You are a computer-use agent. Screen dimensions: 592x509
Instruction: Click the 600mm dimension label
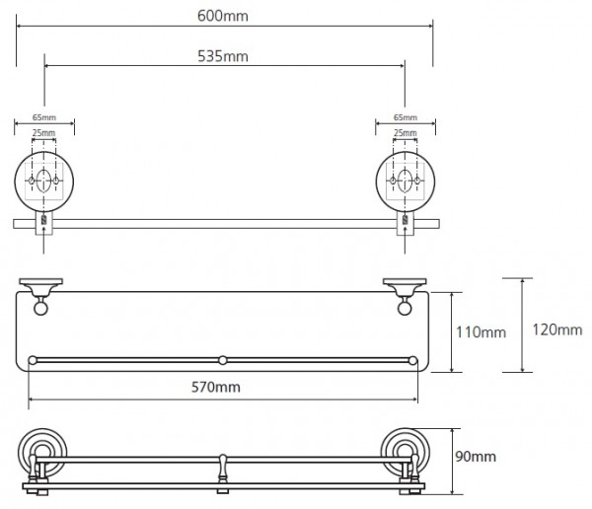tap(223, 16)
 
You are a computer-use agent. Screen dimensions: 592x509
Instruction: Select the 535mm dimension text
tap(223, 56)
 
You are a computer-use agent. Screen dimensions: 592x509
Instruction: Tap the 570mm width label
tap(215, 387)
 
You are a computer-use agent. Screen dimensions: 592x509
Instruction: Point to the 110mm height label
tap(481, 332)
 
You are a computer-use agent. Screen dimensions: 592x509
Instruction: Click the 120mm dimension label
tap(556, 329)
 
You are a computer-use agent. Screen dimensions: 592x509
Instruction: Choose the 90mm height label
tap(476, 457)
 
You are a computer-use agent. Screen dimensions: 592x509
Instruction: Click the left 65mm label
tap(44, 117)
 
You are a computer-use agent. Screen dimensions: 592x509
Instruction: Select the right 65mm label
tap(406, 117)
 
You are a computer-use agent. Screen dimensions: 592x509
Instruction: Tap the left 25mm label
tap(43, 133)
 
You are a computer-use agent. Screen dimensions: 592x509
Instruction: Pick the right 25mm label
tap(406, 133)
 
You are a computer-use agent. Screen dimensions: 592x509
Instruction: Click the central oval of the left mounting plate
tap(43, 181)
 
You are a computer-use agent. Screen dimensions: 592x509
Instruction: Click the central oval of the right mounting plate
tap(405, 181)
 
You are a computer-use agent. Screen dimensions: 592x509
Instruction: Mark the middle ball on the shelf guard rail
tap(223, 360)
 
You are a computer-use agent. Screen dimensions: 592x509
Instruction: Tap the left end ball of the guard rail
tap(33, 360)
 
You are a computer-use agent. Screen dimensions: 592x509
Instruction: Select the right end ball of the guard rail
tap(412, 361)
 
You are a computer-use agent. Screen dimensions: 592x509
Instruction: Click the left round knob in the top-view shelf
tap(40, 309)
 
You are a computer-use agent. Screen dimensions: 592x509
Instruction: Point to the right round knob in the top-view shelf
tap(405, 309)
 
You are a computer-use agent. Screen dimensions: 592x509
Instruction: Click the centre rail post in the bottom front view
tap(223, 473)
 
